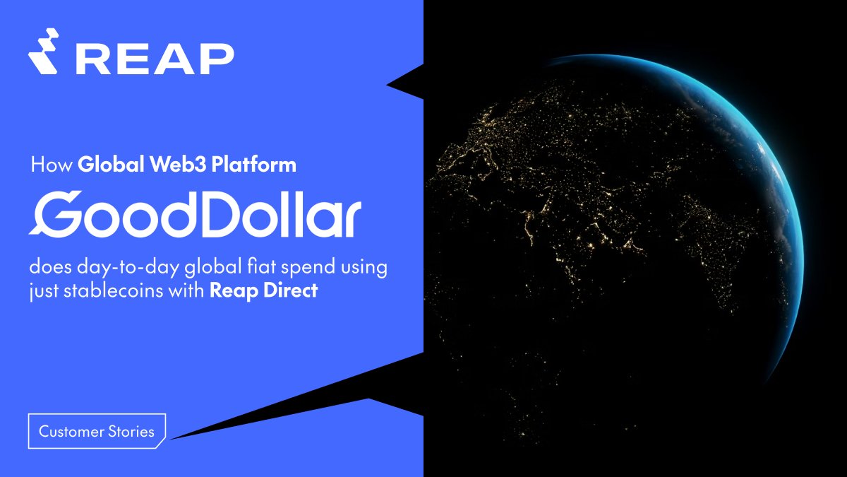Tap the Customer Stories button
point(97,431)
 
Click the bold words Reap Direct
point(263,290)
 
